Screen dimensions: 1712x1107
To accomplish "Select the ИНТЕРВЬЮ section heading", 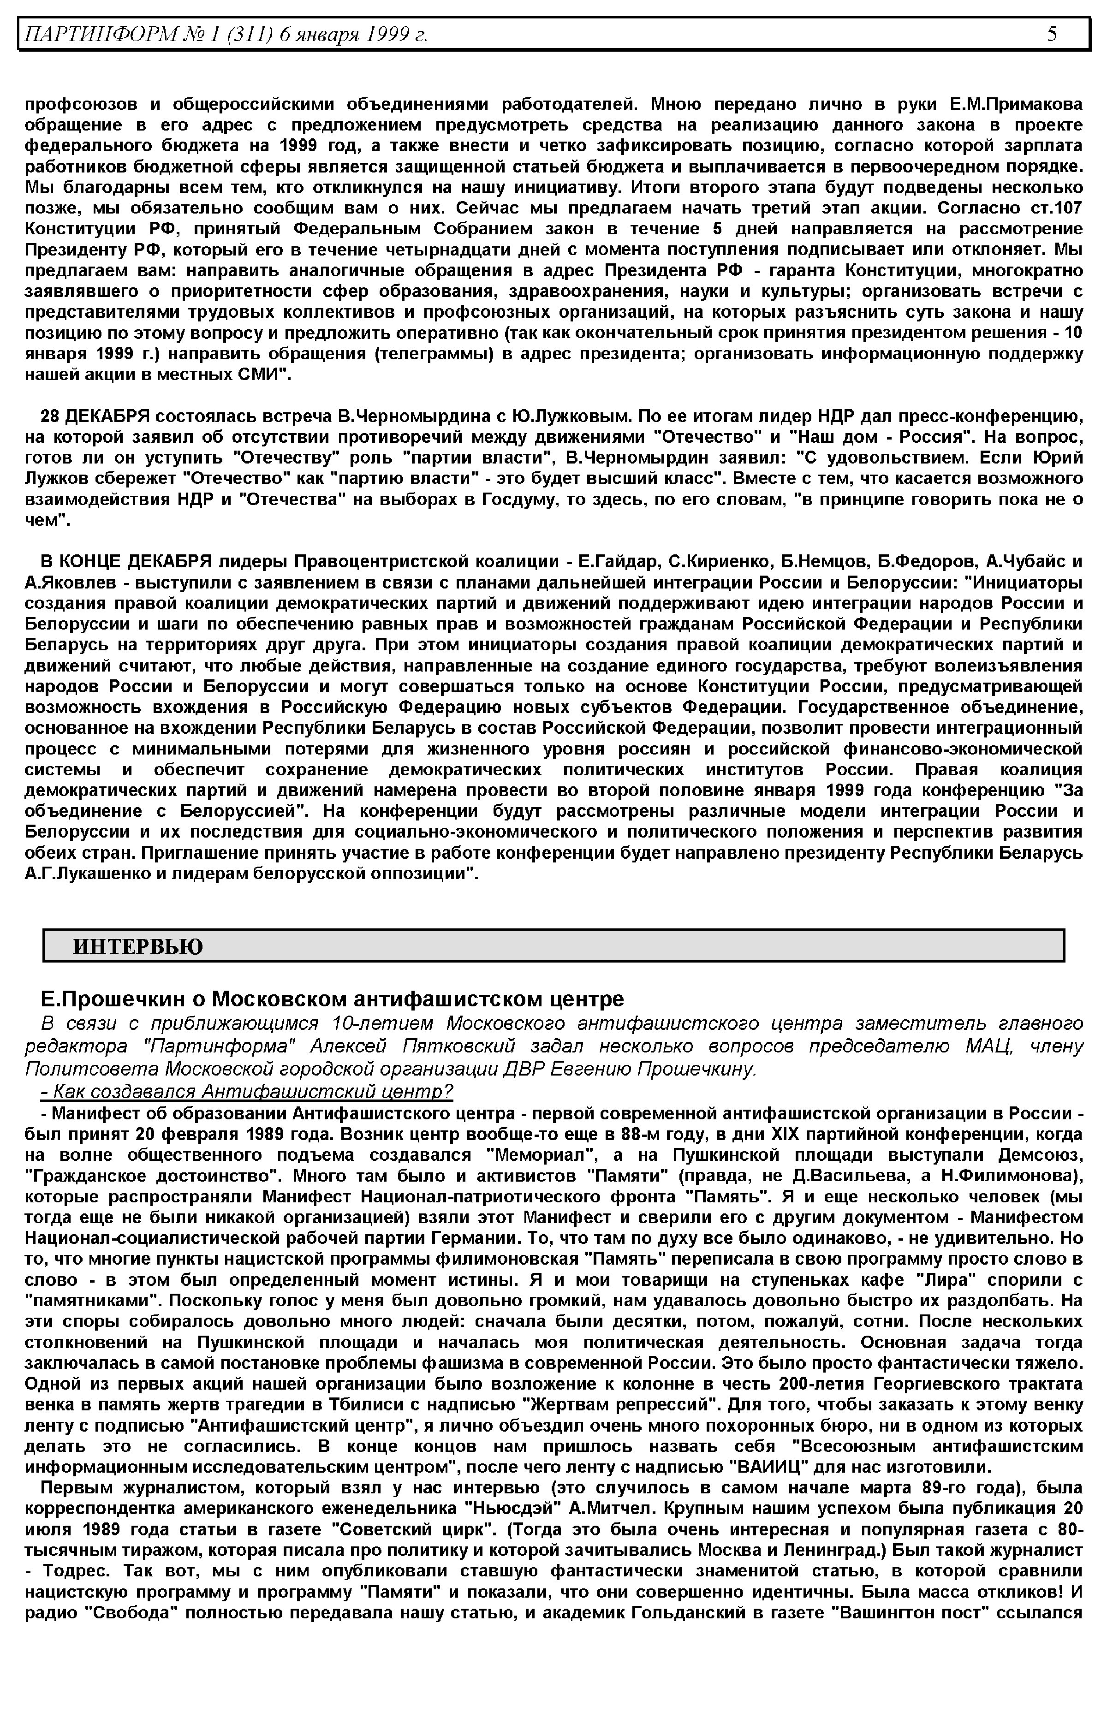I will (x=138, y=946).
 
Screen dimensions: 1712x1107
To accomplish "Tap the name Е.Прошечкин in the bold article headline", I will (x=119, y=999).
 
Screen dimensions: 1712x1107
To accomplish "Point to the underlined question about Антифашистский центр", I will (x=247, y=1092).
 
